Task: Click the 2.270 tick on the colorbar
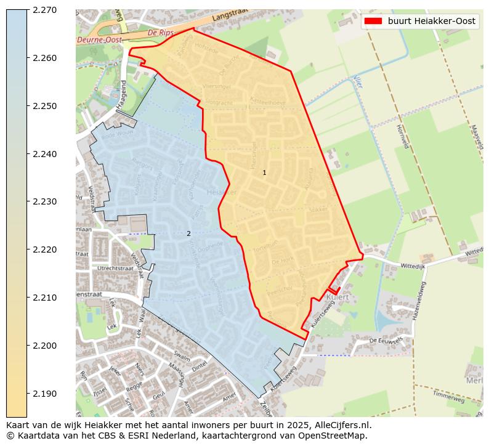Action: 44,10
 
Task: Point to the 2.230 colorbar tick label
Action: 44,201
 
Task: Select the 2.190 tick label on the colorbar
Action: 44,393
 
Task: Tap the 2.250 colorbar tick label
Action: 44,106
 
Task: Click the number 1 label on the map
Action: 265,172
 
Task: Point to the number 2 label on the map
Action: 188,233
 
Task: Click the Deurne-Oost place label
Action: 99,39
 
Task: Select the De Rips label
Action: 161,32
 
